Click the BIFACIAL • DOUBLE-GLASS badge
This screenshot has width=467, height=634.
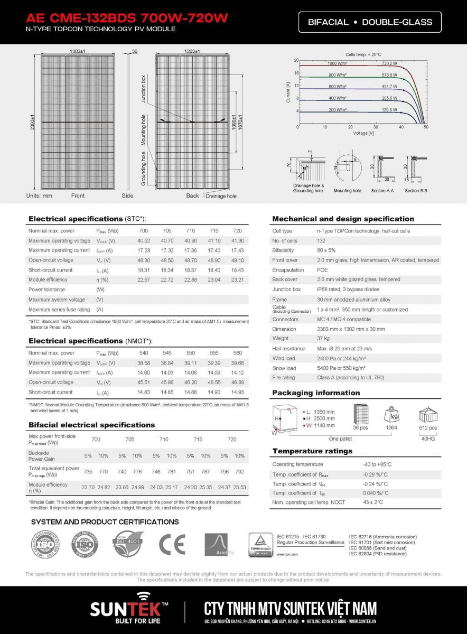[x=370, y=22]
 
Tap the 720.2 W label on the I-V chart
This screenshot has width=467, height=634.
[x=389, y=63]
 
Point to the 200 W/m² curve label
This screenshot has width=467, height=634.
[x=337, y=110]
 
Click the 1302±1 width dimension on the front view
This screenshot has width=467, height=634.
[x=78, y=51]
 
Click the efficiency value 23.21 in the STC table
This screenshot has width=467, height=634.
[x=238, y=279]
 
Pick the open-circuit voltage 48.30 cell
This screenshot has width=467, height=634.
[x=144, y=260]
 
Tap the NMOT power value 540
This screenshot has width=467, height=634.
[x=144, y=353]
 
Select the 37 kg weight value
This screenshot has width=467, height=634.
[x=323, y=339]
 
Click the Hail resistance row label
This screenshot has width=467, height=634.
[x=288, y=349]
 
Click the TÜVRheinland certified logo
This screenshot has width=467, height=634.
[x=260, y=545]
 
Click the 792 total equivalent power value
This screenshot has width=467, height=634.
[x=240, y=471]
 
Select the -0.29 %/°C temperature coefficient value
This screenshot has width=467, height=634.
[x=374, y=474]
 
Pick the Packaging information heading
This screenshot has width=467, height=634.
[x=316, y=393]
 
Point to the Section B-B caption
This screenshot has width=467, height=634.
[x=416, y=191]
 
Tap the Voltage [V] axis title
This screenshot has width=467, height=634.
[x=363, y=133]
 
